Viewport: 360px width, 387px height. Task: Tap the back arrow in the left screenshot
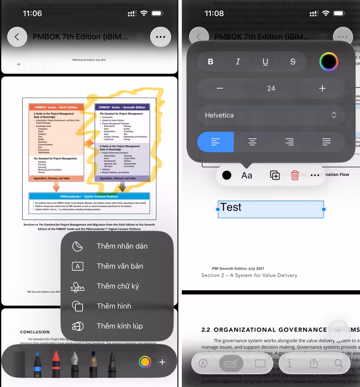[x=17, y=37]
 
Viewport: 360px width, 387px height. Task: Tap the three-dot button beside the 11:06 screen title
[x=160, y=37]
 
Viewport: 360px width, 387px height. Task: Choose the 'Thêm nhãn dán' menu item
[x=122, y=246]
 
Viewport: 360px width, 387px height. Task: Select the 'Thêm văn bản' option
[x=120, y=266]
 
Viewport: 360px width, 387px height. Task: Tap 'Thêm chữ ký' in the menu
[x=118, y=286]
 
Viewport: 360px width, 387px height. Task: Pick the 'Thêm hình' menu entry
[x=114, y=306]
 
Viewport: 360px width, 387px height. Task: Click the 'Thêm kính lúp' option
[x=120, y=326]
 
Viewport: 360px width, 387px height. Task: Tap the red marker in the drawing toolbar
[x=56, y=363]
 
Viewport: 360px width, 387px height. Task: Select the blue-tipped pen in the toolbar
[x=37, y=363]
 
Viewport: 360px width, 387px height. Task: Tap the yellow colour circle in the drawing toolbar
[x=144, y=362]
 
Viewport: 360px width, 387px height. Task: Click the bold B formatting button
[x=211, y=62]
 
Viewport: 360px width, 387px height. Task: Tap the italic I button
[x=238, y=62]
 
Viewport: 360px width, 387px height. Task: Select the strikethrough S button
[x=292, y=62]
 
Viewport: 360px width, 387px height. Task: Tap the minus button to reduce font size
[x=220, y=89]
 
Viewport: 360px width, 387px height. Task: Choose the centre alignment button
[x=252, y=142]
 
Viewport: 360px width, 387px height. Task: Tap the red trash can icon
[x=295, y=175]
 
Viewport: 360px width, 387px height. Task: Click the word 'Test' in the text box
[x=231, y=207]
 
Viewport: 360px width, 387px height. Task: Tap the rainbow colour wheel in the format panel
[x=328, y=62]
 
